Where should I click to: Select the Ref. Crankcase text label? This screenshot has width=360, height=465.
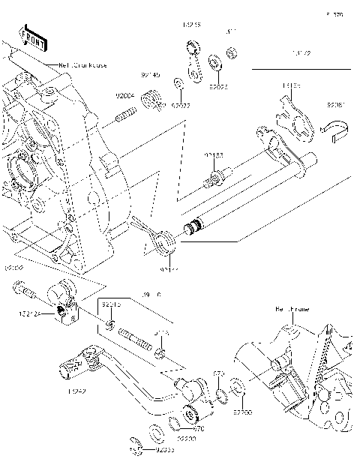click(82, 65)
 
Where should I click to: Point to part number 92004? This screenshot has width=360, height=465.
click(124, 95)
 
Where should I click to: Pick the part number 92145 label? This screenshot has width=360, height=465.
click(150, 75)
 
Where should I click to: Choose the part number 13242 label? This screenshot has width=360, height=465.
click(77, 391)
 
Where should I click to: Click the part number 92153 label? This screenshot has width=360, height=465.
click(214, 155)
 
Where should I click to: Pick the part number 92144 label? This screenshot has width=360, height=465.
click(168, 268)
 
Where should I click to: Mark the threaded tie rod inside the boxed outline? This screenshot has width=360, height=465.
click(138, 337)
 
